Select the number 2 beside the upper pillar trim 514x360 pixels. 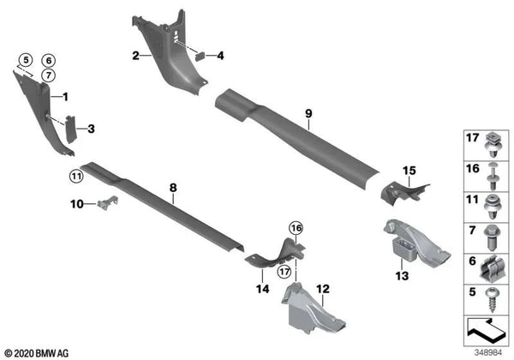[135, 57]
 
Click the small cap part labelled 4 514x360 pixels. [199, 55]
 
